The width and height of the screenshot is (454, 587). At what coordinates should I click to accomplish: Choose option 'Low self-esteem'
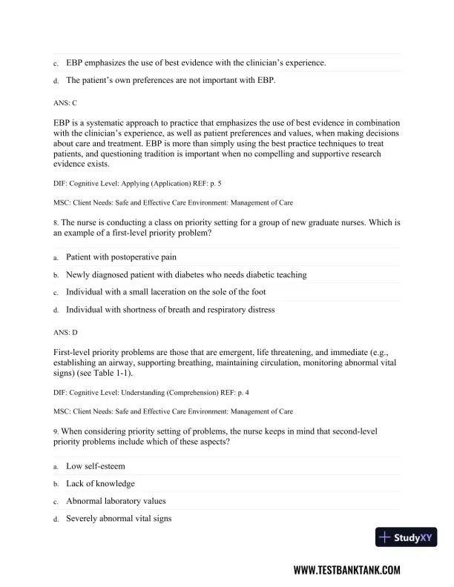click(95, 466)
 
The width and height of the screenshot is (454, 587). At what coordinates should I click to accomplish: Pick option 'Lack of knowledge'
click(100, 484)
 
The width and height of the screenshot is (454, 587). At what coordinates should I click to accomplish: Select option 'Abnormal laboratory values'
click(116, 502)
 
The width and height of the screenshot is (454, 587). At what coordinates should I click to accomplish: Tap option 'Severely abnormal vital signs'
click(119, 520)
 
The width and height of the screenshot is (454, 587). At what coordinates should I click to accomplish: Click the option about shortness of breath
click(170, 311)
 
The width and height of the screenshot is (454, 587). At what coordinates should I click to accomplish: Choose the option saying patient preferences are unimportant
click(171, 80)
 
